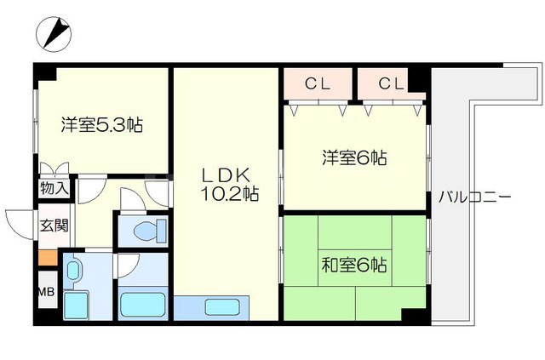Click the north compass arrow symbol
pyautogui.click(x=53, y=35)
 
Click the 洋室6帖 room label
pyautogui.click(x=354, y=157)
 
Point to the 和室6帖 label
pyautogui.click(x=354, y=266)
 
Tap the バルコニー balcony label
pyautogui.click(x=474, y=197)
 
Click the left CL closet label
pyautogui.click(x=318, y=83)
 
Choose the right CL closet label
pyautogui.click(x=390, y=83)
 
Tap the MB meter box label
pyautogui.click(x=45, y=293)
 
